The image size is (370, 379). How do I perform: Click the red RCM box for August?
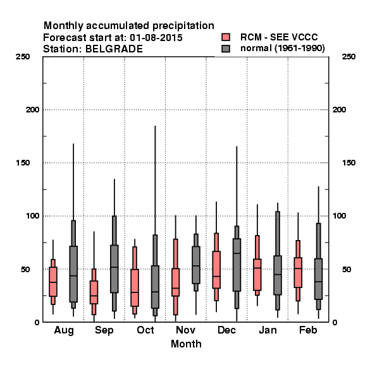click(53, 282)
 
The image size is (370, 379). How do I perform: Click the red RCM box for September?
click(94, 292)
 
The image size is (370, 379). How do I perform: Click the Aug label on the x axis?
click(64, 330)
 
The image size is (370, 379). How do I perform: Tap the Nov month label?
click(185, 330)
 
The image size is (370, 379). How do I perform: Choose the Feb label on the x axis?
click(308, 330)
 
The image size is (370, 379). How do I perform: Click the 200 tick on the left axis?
click(32, 110)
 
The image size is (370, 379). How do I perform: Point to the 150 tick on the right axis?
click(348, 163)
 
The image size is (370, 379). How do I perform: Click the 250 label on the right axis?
click(348, 57)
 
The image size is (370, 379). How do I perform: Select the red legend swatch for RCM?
click(226, 37)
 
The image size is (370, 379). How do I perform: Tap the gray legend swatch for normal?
click(226, 49)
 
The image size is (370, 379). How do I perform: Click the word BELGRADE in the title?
click(114, 49)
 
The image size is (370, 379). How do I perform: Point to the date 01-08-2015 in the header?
click(156, 38)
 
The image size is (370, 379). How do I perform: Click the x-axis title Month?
click(186, 344)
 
